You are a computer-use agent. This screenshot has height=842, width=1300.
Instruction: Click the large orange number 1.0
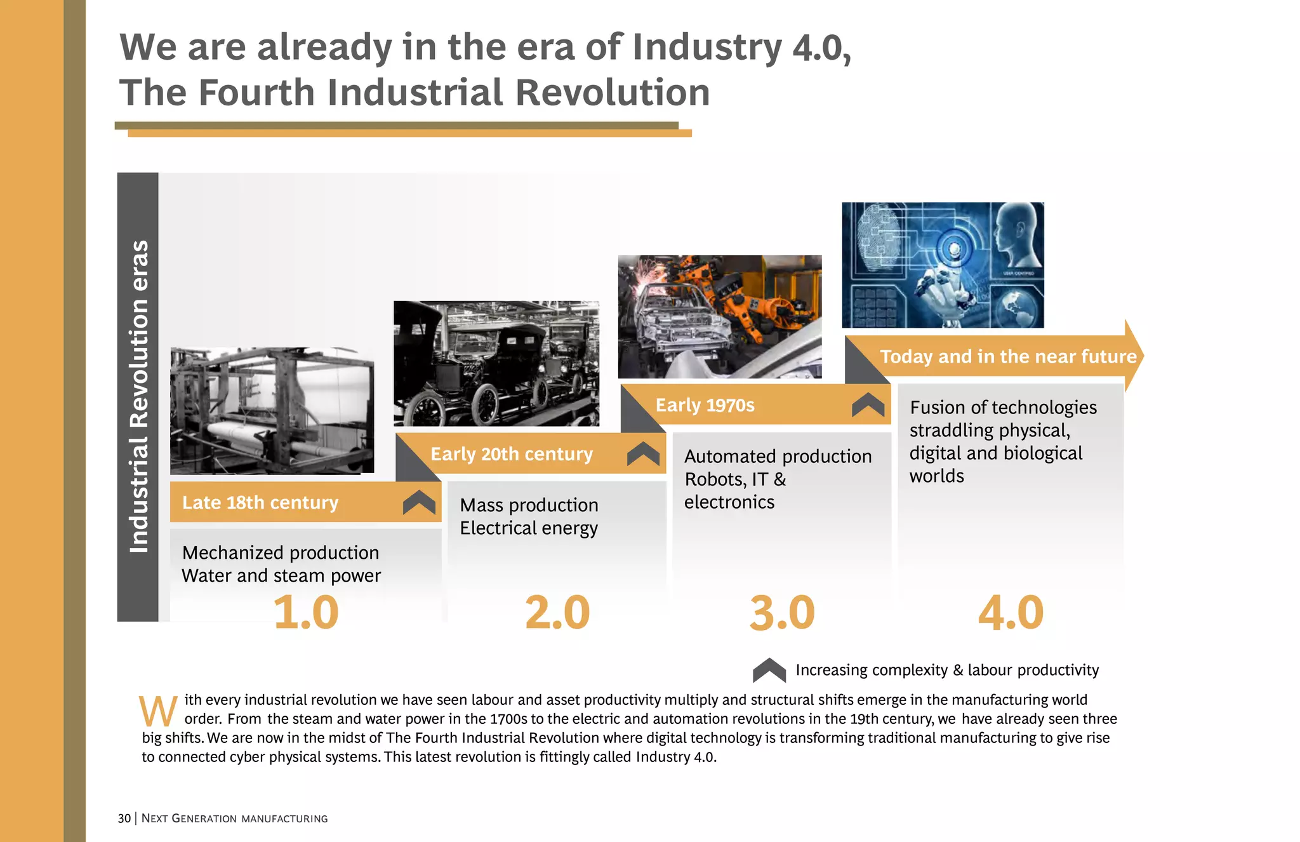pyautogui.click(x=305, y=613)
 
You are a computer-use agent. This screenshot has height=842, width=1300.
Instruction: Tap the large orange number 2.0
pyautogui.click(x=557, y=613)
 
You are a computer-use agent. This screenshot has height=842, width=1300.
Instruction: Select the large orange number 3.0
pyautogui.click(x=782, y=613)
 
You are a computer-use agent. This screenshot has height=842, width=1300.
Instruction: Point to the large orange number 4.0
pyautogui.click(x=1011, y=613)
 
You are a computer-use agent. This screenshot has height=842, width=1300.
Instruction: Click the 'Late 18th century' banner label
pyautogui.click(x=260, y=502)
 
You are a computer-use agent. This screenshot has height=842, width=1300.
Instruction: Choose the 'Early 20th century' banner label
pyautogui.click(x=512, y=454)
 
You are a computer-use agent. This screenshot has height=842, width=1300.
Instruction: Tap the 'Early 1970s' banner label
pyautogui.click(x=705, y=405)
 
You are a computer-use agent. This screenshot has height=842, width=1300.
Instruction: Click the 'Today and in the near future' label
pyautogui.click(x=1008, y=356)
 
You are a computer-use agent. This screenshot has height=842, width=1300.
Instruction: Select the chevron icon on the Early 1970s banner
pyautogui.click(x=868, y=404)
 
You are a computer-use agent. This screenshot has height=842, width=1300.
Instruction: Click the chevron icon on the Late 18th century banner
pyautogui.click(x=419, y=502)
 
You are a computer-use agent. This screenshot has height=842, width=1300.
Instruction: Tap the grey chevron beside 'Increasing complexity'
pyautogui.click(x=769, y=671)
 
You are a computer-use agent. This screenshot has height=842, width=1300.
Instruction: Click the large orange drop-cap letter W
pyautogui.click(x=158, y=711)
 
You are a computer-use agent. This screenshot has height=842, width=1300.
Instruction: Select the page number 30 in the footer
pyautogui.click(x=124, y=819)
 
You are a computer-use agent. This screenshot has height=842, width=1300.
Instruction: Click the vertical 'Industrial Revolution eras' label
pyautogui.click(x=138, y=396)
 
